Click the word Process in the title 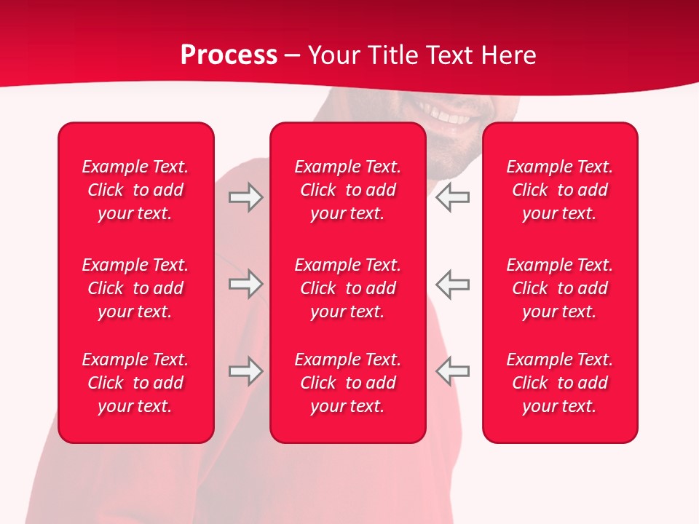(x=229, y=55)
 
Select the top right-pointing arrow (x=245, y=197)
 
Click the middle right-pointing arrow (x=245, y=284)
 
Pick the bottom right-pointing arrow (x=245, y=371)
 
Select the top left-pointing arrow (x=453, y=197)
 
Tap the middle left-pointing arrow (x=453, y=284)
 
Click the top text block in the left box (x=135, y=190)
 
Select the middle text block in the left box (x=135, y=288)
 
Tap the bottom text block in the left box (x=135, y=383)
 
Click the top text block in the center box (x=347, y=190)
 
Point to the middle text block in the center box (x=347, y=288)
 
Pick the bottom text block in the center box (x=347, y=383)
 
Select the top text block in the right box (x=559, y=190)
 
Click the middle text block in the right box (x=559, y=288)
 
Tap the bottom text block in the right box (x=559, y=383)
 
